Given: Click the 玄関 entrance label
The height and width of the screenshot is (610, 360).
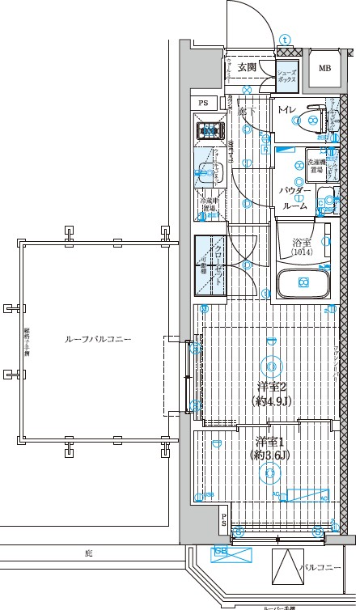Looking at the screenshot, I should coord(248,67).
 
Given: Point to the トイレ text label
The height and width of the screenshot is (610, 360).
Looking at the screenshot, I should coord(286,109).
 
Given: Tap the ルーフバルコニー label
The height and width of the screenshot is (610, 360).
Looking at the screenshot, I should coord(98,341).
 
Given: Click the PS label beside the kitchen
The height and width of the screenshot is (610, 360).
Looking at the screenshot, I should coord(203,103).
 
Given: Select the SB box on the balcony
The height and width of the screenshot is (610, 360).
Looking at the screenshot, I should coord(220,553).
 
